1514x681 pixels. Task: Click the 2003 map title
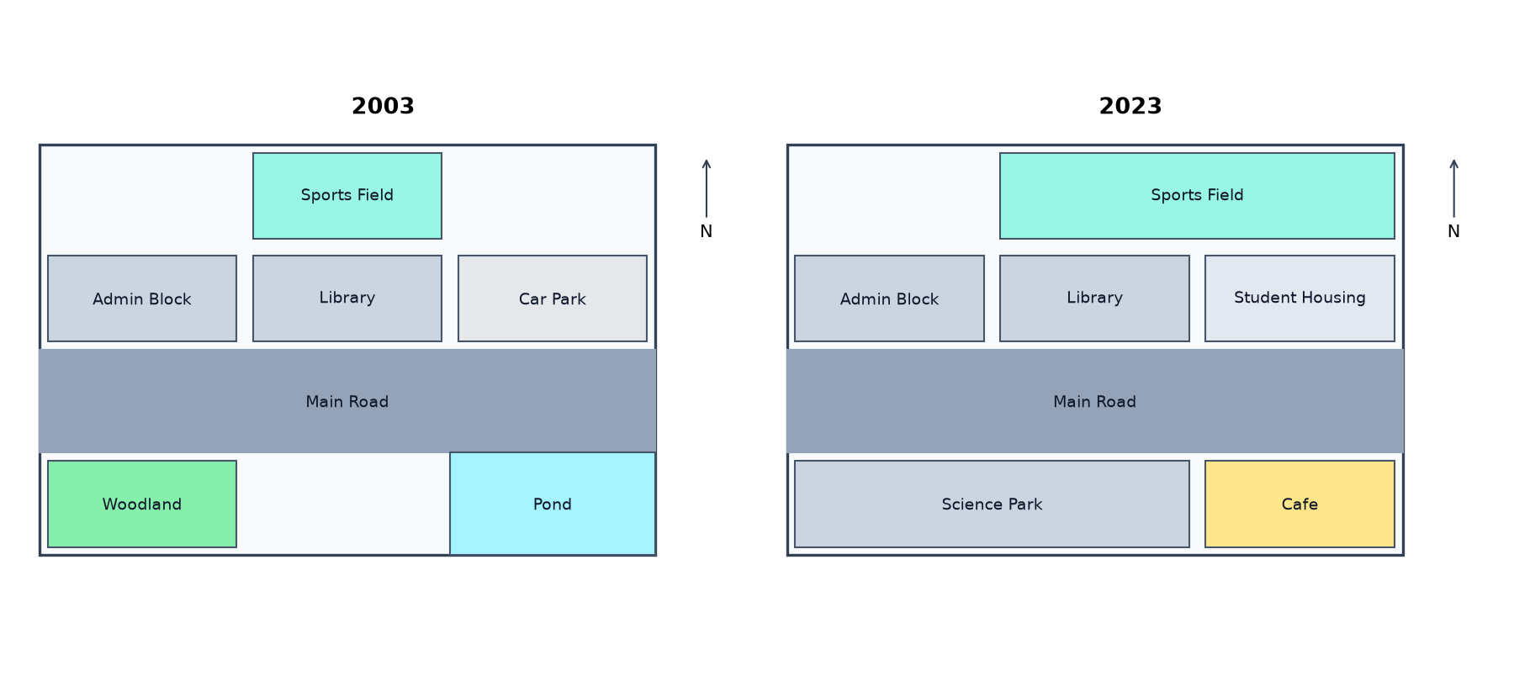pos(383,106)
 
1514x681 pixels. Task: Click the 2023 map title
pos(1130,106)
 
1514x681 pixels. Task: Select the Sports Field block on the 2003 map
pos(347,196)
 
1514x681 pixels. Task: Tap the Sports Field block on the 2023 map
pos(1197,196)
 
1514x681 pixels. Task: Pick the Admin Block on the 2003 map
pos(142,298)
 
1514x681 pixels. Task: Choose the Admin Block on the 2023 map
pos(889,298)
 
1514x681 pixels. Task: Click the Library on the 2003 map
pos(347,298)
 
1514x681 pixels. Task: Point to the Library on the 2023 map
pos(1094,298)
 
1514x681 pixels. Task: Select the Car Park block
pos(553,298)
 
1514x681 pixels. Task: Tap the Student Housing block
pos(1300,298)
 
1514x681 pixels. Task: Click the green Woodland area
pos(142,504)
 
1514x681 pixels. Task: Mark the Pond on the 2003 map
pos(553,504)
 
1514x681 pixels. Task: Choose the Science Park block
pos(992,504)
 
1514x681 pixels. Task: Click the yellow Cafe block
pos(1300,504)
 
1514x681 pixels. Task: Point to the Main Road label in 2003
pos(347,402)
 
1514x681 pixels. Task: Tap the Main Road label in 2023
pos(1094,402)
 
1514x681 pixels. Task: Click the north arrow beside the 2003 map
pos(707,188)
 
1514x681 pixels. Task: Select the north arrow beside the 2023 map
pos(1453,188)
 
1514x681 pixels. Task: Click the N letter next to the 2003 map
pos(707,231)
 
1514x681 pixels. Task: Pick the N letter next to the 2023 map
pos(1453,231)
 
